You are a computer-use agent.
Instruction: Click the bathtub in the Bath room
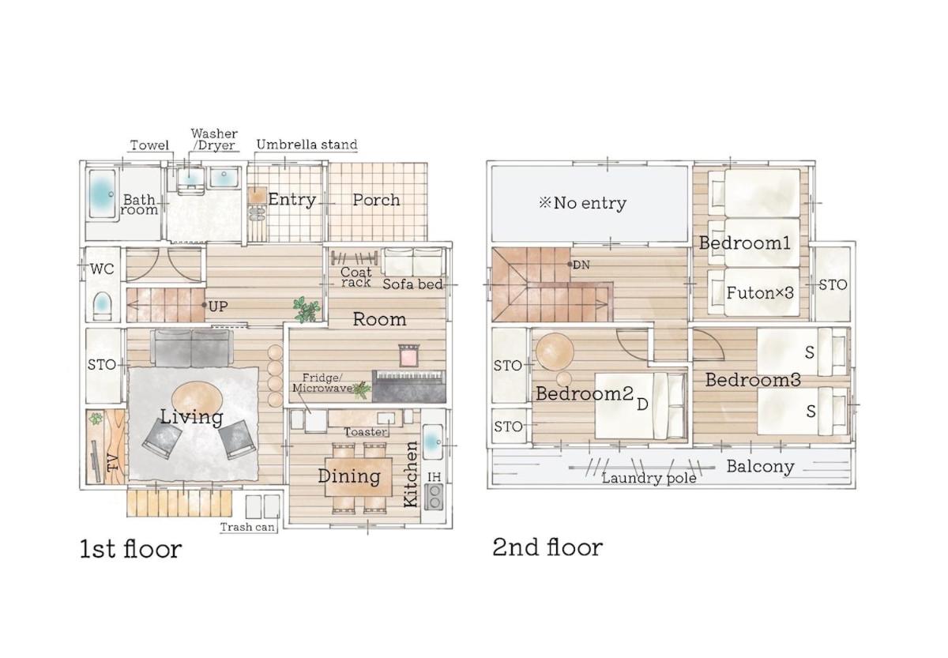103,194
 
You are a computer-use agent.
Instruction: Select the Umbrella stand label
307,145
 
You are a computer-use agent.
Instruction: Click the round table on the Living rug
197,400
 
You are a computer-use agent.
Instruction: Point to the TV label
113,463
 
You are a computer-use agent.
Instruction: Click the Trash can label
247,527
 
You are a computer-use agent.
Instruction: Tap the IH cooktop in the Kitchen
434,496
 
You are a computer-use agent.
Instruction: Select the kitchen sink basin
432,442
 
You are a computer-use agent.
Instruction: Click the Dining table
359,477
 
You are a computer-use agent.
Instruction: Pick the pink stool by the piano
409,355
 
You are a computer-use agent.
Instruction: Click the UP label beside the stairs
218,306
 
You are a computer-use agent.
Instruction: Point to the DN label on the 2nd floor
581,265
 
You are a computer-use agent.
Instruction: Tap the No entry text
583,203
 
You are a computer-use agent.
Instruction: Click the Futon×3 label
760,293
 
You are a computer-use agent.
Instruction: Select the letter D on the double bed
642,405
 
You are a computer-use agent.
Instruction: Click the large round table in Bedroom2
555,352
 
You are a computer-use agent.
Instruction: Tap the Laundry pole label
649,479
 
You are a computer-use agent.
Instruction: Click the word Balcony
761,467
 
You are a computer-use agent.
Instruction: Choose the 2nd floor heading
547,547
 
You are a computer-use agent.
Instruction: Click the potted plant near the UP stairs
307,310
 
